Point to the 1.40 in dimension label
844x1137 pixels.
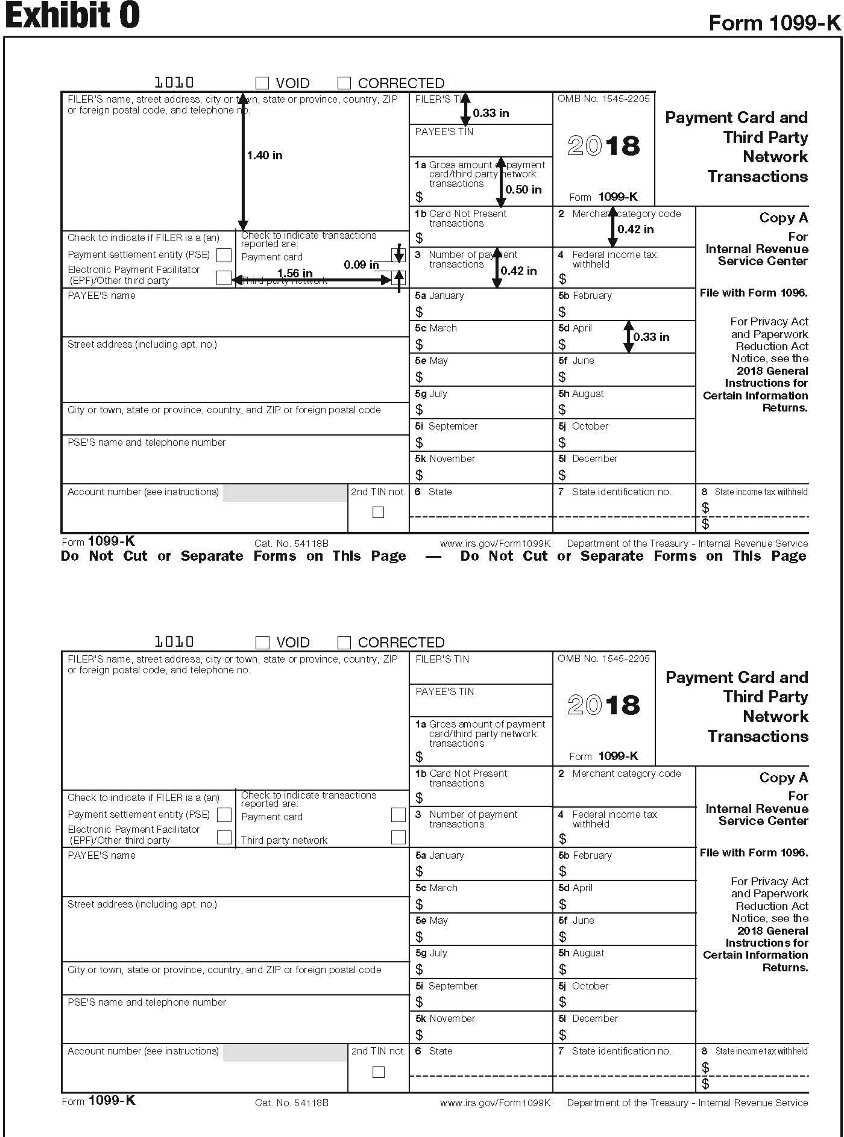click(265, 155)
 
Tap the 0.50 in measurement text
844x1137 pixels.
click(523, 189)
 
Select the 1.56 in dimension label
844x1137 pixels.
click(295, 273)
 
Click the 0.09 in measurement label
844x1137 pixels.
click(361, 264)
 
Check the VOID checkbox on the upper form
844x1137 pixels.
click(262, 83)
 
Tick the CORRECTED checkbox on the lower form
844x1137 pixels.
click(344, 642)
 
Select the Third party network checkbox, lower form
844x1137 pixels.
click(398, 837)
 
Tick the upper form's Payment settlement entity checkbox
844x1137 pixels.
click(224, 255)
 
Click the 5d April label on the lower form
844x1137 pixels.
click(575, 888)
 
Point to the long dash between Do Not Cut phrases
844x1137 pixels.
click(433, 557)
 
